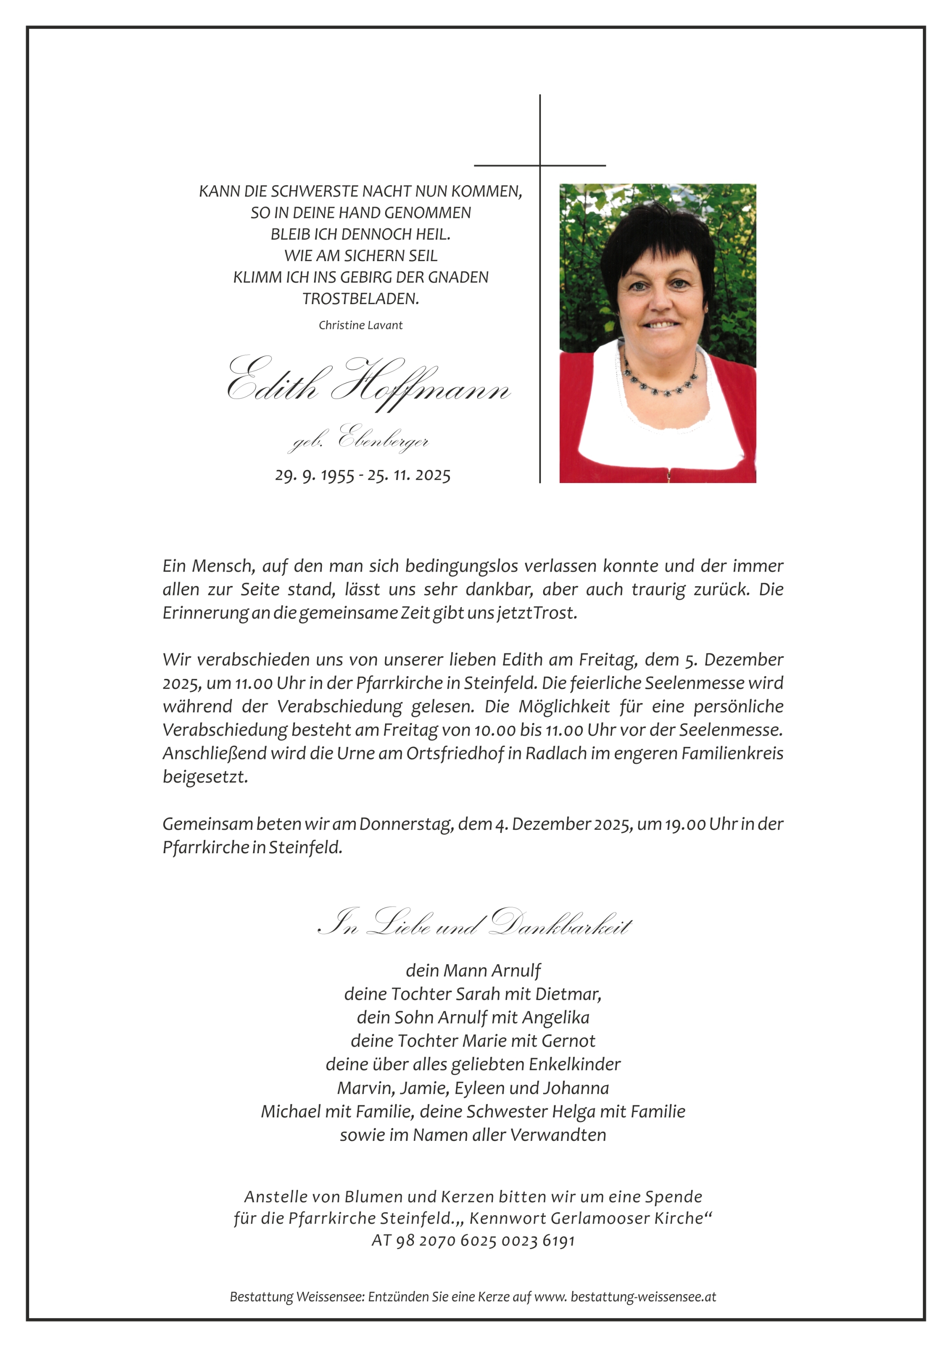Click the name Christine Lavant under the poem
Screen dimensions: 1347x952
[360, 325]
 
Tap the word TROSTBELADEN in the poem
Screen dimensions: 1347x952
[360, 299]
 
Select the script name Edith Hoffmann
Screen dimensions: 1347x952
[368, 384]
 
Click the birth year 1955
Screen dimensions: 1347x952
[337, 475]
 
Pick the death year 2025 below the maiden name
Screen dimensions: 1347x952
[433, 475]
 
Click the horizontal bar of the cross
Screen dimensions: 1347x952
[540, 165]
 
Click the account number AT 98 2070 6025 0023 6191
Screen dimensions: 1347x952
[473, 1240]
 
